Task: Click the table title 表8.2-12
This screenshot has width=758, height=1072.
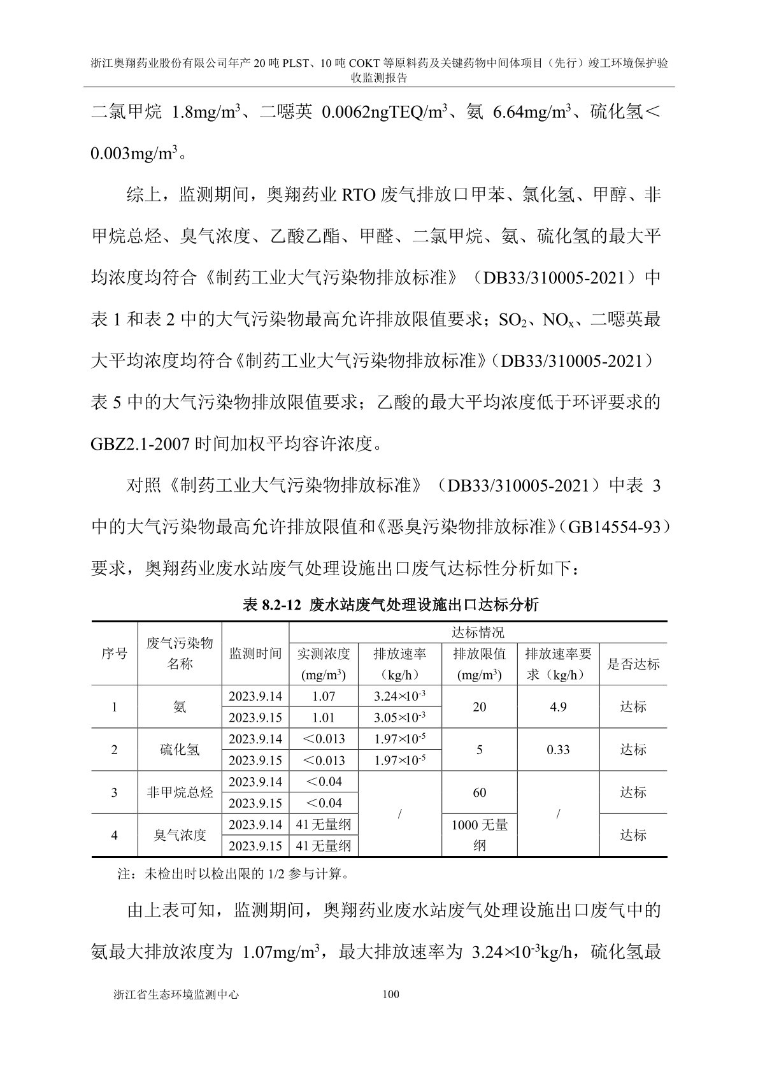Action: point(391,604)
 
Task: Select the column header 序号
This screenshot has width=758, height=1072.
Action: point(114,654)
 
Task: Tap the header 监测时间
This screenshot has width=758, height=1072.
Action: point(255,654)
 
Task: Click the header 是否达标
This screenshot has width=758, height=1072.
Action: point(633,664)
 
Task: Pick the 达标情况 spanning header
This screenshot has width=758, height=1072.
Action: point(478,632)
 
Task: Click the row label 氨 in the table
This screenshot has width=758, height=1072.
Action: point(180,707)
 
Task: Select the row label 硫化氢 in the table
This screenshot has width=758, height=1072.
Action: point(180,750)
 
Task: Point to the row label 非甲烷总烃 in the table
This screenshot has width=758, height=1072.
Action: point(180,792)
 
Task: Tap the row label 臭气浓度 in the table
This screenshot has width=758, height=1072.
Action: point(180,835)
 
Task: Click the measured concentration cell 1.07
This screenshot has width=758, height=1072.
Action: point(324,696)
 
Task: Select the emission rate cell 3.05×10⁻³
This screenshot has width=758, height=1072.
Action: point(399,718)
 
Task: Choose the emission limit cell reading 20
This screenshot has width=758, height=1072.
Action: point(480,707)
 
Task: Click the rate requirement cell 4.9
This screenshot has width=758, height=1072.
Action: point(558,707)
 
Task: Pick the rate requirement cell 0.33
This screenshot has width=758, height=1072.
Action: point(558,750)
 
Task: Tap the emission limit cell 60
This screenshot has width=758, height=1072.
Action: point(480,792)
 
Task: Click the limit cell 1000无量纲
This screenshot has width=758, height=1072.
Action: point(480,834)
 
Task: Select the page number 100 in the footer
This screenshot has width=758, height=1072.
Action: point(390,994)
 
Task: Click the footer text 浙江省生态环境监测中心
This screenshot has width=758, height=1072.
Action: point(175,994)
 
